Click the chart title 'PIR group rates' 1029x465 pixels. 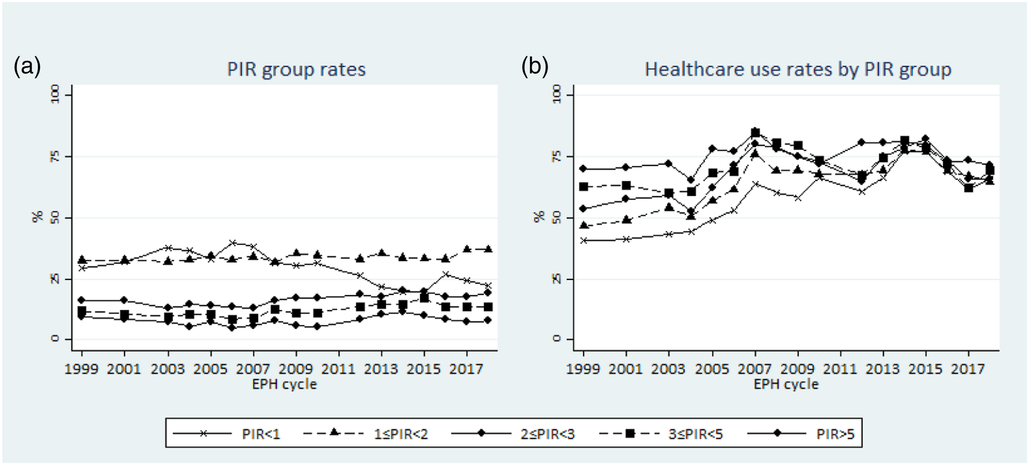[x=296, y=70]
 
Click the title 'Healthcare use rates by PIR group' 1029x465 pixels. [x=798, y=70]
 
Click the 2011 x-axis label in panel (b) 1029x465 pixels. [x=841, y=369]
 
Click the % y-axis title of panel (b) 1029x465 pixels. [x=539, y=216]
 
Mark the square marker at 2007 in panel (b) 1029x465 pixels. [x=755, y=133]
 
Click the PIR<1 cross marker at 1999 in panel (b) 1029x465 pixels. [x=584, y=240]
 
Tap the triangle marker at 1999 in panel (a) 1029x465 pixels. [x=82, y=259]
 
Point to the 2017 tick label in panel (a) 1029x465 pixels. [x=466, y=369]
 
